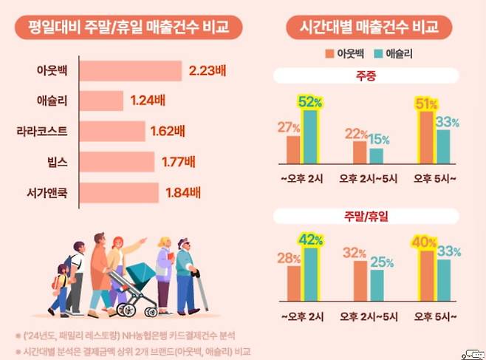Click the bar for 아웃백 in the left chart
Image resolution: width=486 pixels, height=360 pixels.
click(129, 71)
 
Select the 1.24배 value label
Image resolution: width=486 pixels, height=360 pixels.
click(147, 100)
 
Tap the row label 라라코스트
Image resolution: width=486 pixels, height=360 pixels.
click(42, 130)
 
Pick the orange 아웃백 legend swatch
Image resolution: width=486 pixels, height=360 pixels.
click(329, 53)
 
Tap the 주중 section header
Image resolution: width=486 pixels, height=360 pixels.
click(366, 75)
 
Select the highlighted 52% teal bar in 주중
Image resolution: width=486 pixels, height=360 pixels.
click(309, 137)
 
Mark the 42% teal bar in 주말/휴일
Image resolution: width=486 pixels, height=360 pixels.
click(309, 276)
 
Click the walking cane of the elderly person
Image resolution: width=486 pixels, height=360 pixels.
click(201, 292)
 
